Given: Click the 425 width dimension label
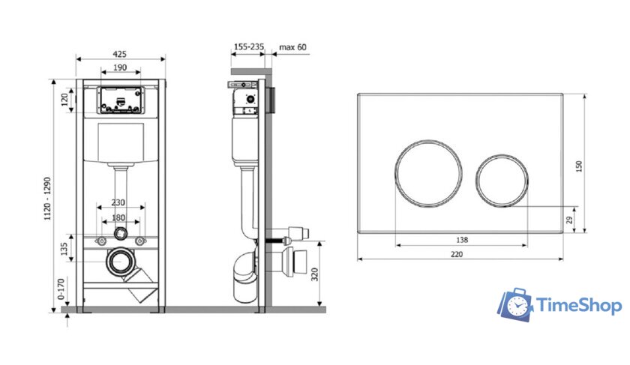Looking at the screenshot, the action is point(120,54).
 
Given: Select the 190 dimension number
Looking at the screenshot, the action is point(120,67).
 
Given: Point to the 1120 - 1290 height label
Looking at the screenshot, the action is point(48,199).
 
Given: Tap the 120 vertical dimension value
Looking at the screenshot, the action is point(64,100).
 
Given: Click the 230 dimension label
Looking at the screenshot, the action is point(118,203).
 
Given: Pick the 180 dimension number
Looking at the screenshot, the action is point(118,217).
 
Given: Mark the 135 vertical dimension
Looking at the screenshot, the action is point(64,249).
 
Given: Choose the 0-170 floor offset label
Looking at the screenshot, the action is point(61,289).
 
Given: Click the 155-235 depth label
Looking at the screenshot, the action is point(249,47).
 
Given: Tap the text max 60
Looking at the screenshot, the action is point(293,47).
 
